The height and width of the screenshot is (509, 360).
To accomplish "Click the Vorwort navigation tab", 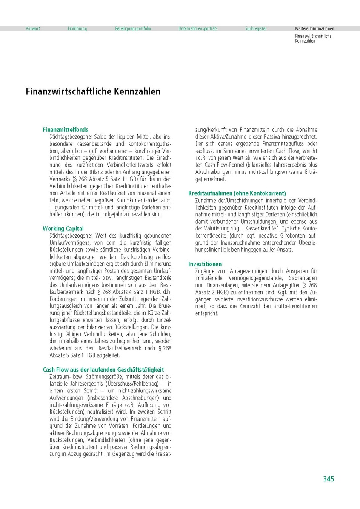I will [x=33, y=28].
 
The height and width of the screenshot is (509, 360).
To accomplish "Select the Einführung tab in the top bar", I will [x=77, y=28].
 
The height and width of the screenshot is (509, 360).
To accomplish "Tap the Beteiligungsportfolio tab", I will [x=133, y=28].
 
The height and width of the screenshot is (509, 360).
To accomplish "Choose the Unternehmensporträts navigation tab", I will [x=198, y=28].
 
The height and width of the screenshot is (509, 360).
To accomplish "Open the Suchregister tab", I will [x=256, y=28].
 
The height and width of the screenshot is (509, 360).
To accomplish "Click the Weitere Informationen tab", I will [x=314, y=28].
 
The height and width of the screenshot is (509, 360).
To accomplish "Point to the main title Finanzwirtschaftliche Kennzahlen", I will [x=93, y=91].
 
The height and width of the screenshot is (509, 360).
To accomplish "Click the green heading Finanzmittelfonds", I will [x=66, y=129].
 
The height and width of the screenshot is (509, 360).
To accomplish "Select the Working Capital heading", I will [x=63, y=228].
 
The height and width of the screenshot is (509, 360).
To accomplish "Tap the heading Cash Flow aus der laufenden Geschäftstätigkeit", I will [x=103, y=370].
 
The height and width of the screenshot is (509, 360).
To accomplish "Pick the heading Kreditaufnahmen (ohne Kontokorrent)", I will [x=237, y=193].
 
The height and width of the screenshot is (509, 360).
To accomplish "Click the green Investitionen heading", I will [x=205, y=264].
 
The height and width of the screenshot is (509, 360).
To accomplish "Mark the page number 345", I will [x=329, y=479].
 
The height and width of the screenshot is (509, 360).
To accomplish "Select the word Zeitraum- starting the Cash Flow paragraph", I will [x=62, y=377].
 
